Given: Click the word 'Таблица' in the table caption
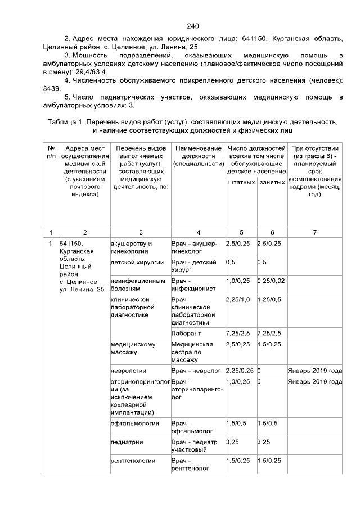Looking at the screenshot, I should [62, 121].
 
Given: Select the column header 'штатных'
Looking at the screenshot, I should [240, 182].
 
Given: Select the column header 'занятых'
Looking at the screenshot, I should [272, 182].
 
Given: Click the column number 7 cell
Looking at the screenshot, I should [315, 231].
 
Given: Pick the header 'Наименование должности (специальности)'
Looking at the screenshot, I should [198, 155].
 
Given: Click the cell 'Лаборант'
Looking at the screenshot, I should [185, 333].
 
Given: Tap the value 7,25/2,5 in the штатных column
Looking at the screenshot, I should [238, 333].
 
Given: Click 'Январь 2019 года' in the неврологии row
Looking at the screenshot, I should [315, 371].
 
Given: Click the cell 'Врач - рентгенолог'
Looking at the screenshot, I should [190, 464].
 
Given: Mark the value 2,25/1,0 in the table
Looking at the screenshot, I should [238, 300].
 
